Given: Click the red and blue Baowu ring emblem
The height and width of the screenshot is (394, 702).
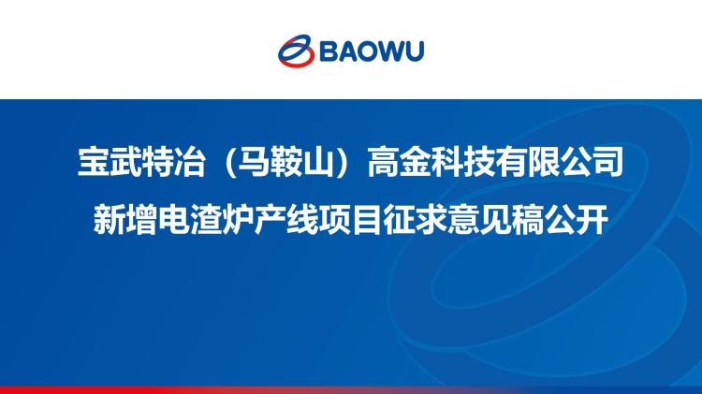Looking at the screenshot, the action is click(296, 51).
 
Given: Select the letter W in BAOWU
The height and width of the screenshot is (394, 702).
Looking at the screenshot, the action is click(387, 51).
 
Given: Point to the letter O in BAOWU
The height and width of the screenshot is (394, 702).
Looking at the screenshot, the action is click(362, 51).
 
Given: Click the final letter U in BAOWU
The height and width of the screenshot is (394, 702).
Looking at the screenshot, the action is click(413, 51).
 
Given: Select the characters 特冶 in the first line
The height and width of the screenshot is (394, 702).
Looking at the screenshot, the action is click(174, 161).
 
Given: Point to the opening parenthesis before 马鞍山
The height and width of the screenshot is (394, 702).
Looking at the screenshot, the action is click(228, 162).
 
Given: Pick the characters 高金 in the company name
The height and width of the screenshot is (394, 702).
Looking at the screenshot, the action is click(399, 161).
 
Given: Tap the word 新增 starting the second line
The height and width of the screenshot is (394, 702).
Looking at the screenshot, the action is click(124, 219).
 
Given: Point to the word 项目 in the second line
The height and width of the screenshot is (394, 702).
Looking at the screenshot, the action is click(351, 219).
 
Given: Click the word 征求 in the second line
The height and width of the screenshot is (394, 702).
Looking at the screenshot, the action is click(415, 219).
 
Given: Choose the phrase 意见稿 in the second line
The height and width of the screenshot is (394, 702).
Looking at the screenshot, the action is click(495, 219).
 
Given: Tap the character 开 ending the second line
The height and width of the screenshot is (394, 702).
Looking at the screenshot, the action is click(592, 219).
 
